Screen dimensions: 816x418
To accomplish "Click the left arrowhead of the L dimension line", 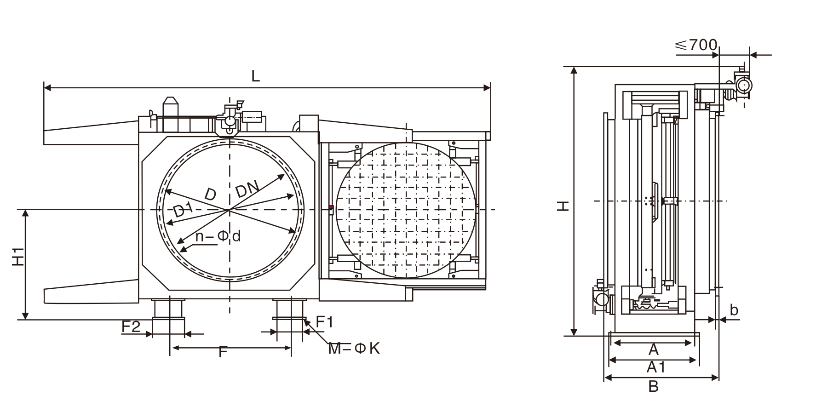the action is point(45,86).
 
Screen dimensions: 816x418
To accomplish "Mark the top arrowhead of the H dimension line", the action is point(574,68).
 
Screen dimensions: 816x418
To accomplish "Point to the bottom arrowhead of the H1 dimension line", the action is point(26,318).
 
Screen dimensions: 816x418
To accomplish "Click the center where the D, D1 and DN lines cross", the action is point(229,210).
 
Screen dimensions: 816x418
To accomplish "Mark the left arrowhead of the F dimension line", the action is point(172,348).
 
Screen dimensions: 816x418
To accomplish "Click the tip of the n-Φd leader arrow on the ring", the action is point(181,251).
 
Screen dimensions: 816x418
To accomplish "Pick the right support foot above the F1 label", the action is point(290,309).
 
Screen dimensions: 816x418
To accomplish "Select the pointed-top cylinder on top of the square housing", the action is point(170,108).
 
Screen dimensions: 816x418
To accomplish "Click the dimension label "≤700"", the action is point(696,45).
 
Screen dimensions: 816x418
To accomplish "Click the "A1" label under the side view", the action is point(656,367).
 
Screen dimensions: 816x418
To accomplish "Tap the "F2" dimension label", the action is point(131,326).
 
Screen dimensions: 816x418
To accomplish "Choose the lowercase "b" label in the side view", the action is point(734,310).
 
